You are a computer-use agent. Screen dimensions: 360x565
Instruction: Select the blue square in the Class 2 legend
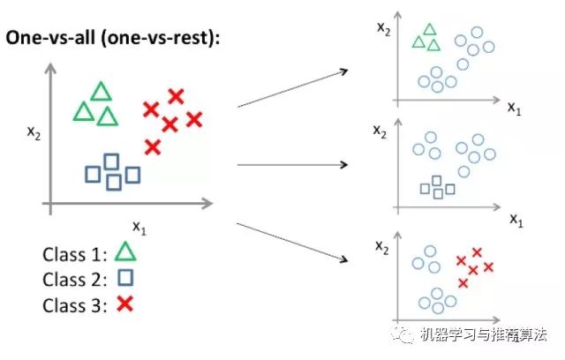[x=124, y=280]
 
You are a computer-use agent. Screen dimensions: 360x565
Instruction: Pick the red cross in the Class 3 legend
[x=124, y=304]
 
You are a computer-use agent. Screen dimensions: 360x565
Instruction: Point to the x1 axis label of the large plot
[x=139, y=226]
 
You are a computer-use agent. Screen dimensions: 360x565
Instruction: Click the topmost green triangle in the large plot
[x=102, y=91]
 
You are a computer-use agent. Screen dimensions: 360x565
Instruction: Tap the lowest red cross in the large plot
[x=153, y=146]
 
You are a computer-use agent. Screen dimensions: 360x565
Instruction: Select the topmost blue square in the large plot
[x=111, y=161]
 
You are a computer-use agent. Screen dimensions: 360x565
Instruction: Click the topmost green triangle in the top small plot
[x=430, y=29]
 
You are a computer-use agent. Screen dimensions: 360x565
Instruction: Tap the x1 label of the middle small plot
[x=516, y=217]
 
